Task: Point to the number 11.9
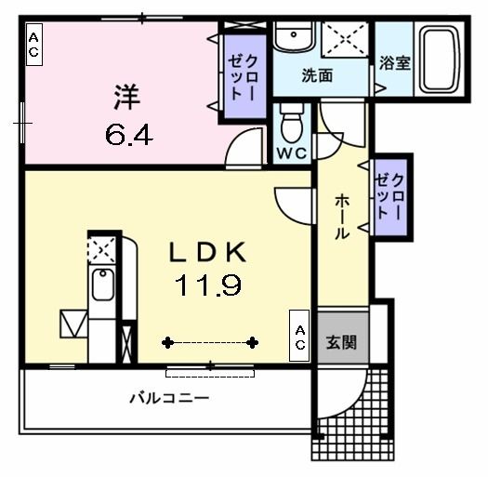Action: (x=206, y=286)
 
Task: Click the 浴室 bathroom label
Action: (x=395, y=63)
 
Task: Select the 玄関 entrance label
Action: (x=340, y=342)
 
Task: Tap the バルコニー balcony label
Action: (x=168, y=399)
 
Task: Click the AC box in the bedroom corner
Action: (x=33, y=45)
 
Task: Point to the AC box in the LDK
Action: (x=300, y=337)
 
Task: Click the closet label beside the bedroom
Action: (x=243, y=78)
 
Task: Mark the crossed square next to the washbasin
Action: (x=345, y=43)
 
